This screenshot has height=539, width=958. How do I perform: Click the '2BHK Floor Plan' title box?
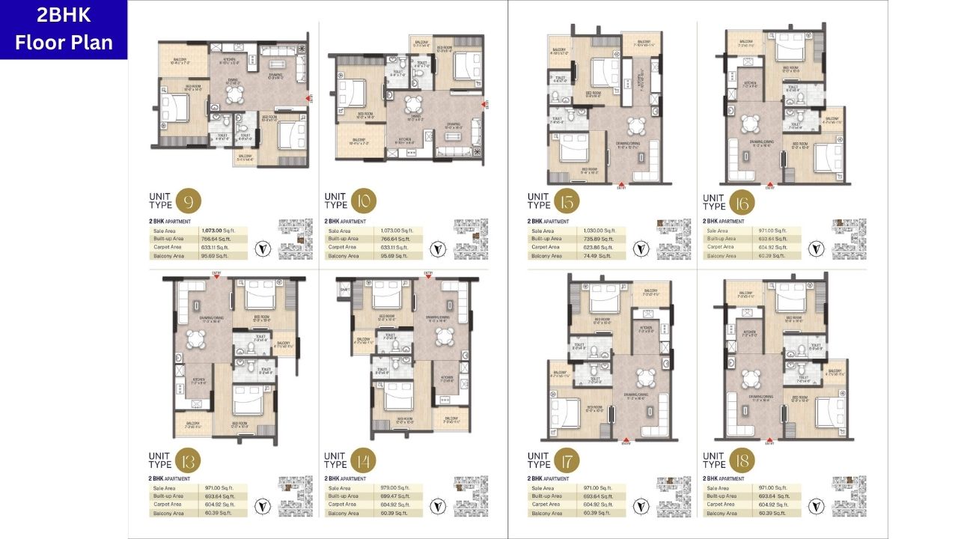click(64, 30)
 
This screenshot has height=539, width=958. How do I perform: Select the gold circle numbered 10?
click(364, 201)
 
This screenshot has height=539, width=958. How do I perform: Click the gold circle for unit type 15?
click(567, 201)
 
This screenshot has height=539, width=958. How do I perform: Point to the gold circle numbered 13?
click(189, 459)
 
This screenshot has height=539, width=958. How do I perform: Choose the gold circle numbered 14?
click(364, 459)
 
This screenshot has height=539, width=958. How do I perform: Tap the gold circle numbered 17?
click(567, 459)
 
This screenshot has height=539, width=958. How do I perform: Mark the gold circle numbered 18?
click(742, 459)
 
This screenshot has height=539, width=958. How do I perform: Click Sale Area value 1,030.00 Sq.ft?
click(601, 231)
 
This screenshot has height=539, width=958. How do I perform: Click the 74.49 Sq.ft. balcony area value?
click(597, 256)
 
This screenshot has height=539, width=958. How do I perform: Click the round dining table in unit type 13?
click(195, 339)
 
